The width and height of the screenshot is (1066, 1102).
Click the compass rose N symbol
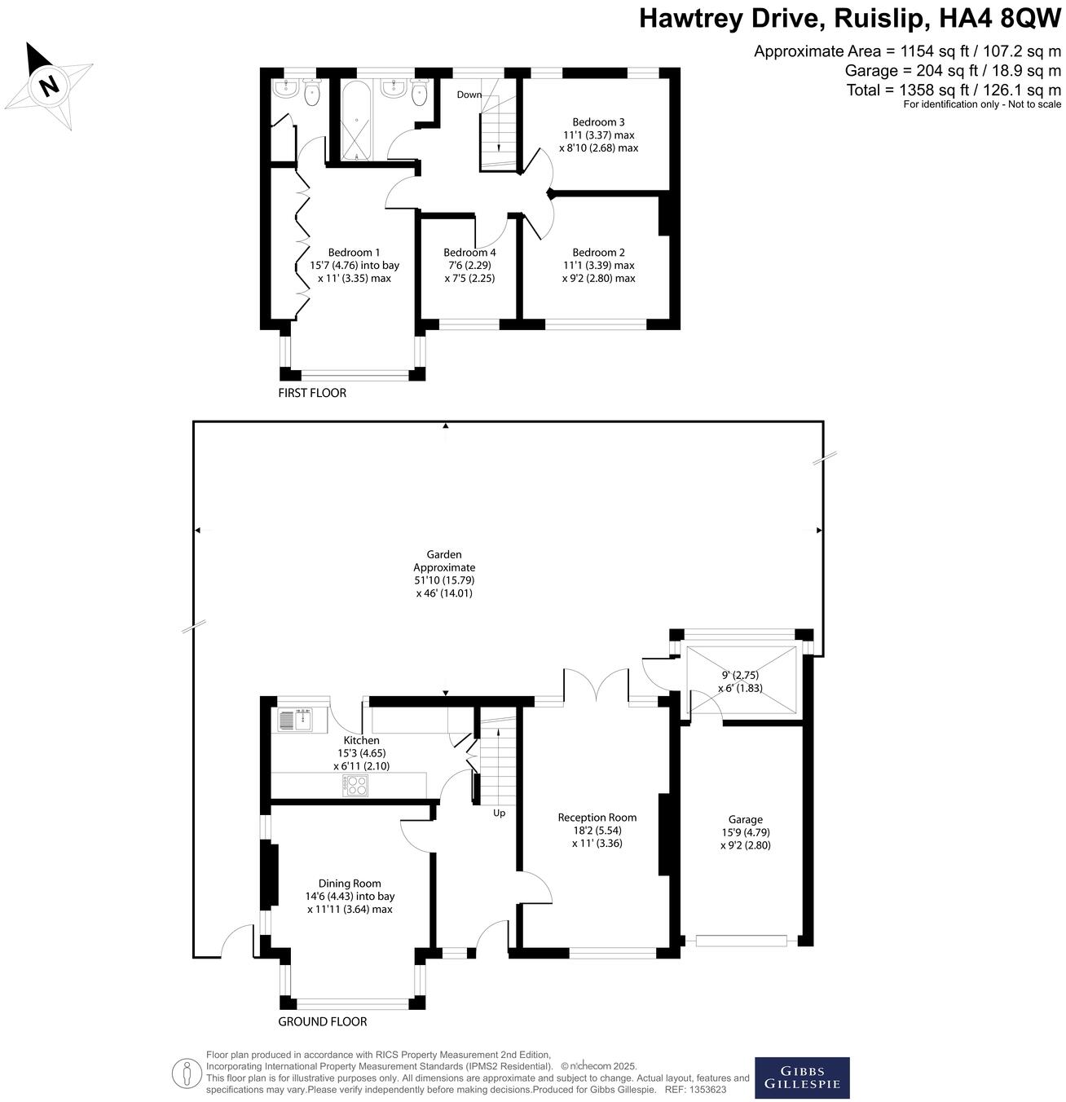click(50, 85)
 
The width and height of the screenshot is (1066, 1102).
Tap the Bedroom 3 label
click(598, 122)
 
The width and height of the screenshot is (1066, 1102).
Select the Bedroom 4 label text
click(469, 253)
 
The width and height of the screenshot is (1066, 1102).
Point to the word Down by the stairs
click(469, 95)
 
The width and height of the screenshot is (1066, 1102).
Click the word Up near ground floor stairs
click(499, 813)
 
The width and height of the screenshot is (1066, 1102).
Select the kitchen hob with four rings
click(356, 785)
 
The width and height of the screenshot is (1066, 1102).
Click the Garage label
click(745, 820)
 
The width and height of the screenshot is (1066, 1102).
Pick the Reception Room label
click(597, 818)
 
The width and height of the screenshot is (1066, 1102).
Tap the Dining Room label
click(350, 884)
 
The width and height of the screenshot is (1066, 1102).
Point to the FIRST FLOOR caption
click(312, 393)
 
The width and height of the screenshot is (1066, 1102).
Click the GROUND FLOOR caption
click(323, 1021)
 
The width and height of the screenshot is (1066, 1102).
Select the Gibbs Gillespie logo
click(801, 1078)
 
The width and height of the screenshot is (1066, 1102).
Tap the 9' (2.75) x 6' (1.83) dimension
click(740, 681)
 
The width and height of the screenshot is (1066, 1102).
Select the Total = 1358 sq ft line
click(953, 90)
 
